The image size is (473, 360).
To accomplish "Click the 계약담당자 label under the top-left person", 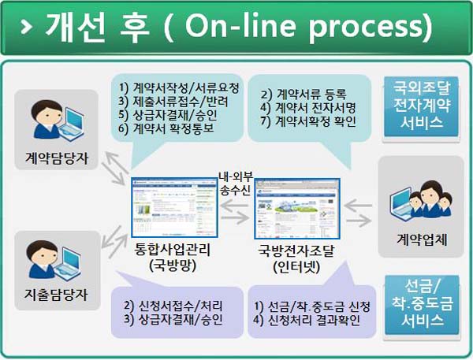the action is (57, 158).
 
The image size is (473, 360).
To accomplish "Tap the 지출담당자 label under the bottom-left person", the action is (57, 295).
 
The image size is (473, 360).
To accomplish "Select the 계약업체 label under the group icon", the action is (422, 239).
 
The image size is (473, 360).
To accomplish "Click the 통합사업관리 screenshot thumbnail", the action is (174, 208).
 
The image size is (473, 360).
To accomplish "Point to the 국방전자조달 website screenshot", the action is (297, 209).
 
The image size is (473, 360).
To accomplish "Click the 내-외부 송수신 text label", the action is (236, 184).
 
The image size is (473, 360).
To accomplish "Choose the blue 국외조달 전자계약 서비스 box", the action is (422, 106).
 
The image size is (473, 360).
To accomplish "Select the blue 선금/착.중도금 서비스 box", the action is (422, 305).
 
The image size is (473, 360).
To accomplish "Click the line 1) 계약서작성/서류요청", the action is (179, 87).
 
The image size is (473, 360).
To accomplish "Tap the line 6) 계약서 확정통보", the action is (166, 128).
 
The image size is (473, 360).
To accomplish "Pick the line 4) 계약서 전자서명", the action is (308, 108).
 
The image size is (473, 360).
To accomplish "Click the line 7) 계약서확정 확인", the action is (308, 121).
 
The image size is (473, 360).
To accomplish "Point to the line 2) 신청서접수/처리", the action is (173, 306).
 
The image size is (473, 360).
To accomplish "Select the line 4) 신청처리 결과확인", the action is (307, 320).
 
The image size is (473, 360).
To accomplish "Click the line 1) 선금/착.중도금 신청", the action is (312, 306).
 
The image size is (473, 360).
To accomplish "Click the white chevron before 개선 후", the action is (27, 27).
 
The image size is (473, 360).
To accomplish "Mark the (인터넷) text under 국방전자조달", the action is (296, 267).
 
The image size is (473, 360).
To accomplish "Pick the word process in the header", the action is (371, 28).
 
